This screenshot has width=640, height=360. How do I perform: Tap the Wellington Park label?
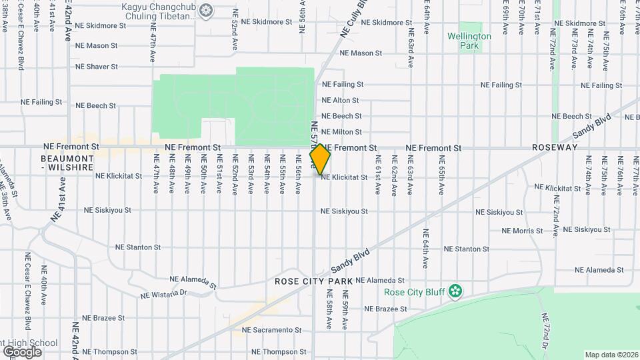point(469,41)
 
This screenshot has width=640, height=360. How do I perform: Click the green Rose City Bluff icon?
point(455,291)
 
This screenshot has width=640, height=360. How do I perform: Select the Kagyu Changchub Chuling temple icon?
point(206,10)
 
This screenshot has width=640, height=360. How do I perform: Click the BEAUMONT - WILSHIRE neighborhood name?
point(67,163)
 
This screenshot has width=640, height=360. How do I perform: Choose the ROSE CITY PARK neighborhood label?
point(313,282)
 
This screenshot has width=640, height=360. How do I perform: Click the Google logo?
point(22,351)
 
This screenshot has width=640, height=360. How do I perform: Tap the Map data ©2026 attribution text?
point(611,355)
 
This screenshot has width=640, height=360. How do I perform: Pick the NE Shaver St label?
point(96,67)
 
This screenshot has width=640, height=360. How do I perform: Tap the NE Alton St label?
point(340,101)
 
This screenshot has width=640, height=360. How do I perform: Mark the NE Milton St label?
point(341,133)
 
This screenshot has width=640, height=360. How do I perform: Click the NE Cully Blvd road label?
point(353,19)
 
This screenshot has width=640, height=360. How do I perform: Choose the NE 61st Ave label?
point(378,175)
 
